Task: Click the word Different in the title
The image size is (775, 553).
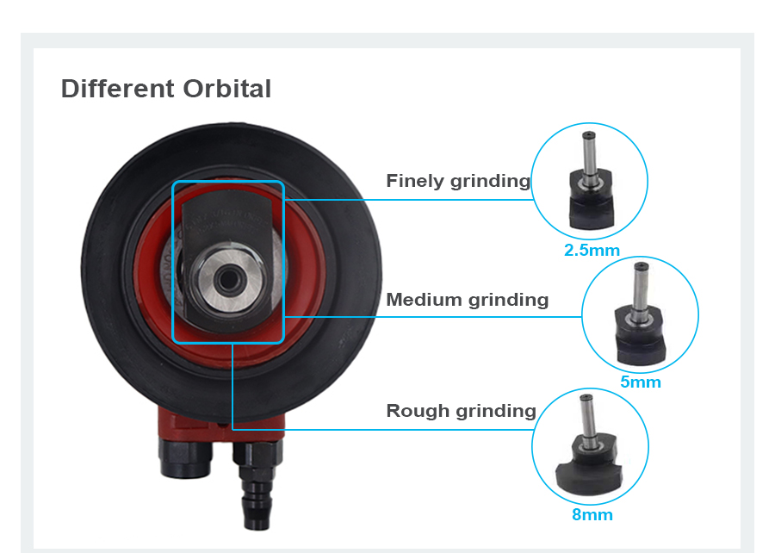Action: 118,89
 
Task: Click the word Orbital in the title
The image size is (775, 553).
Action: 226,89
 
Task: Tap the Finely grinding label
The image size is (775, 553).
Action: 458,182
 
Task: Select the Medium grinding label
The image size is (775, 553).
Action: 467,300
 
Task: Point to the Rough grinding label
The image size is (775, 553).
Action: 462,411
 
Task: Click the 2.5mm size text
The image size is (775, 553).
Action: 592,251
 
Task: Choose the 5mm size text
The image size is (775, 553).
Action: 641,382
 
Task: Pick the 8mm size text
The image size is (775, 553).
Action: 592,515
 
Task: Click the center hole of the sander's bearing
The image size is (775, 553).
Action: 228,280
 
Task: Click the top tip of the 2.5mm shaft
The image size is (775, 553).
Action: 588,134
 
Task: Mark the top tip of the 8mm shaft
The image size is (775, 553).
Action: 586,397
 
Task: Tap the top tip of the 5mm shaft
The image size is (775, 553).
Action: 641,265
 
